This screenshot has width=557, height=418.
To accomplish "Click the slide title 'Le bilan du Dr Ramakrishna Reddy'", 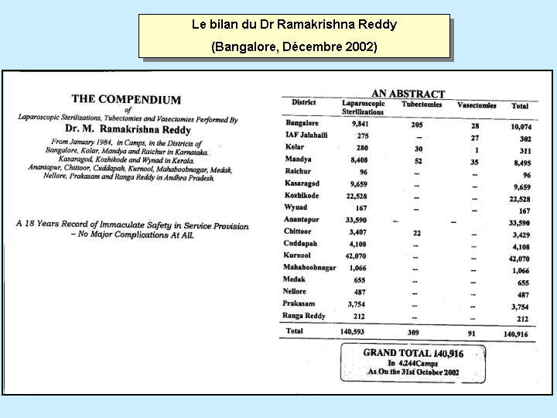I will point(294,24).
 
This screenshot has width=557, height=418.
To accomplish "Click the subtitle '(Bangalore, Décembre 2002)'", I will point(294,46).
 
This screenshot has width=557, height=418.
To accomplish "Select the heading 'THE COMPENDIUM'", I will point(126,99).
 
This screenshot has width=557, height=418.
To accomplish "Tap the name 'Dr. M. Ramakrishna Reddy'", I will point(128,130).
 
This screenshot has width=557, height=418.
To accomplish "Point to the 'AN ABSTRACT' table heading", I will point(408,93).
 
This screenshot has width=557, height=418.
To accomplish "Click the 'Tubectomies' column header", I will point(422,103).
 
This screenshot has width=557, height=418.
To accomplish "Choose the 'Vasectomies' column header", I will point(477,104).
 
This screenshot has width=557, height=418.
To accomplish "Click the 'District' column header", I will point(303,102).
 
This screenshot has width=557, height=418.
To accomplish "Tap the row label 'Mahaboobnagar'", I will point(309,266).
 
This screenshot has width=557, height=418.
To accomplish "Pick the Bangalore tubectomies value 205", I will point(418,123).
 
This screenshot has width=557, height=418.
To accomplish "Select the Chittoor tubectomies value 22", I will point(416,231).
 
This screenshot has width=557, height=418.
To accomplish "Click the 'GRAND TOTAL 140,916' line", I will point(412,352).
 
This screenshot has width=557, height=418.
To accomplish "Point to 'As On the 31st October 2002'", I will point(412,372).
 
